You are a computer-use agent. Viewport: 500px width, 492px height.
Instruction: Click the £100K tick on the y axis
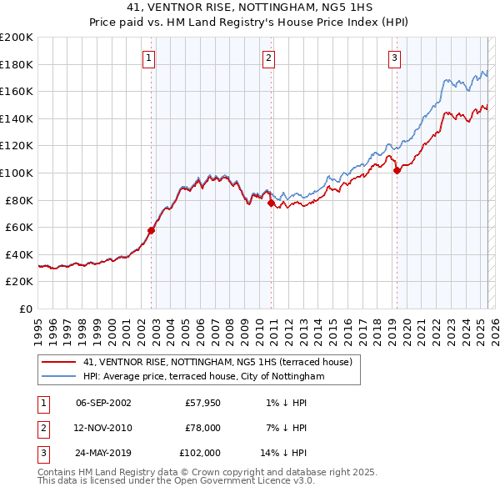[x=16, y=173]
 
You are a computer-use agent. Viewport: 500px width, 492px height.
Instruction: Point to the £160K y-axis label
[x=16, y=91]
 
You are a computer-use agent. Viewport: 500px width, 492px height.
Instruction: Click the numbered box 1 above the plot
[x=148, y=58]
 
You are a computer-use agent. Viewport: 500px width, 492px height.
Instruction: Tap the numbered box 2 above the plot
[x=269, y=58]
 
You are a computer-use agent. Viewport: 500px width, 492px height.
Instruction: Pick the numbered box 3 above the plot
[x=393, y=58]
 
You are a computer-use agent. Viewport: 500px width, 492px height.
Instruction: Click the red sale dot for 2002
[x=152, y=230]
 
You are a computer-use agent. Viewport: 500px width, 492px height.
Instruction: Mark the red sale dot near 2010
[x=272, y=203]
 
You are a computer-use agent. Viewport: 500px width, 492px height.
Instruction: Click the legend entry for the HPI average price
[x=203, y=377]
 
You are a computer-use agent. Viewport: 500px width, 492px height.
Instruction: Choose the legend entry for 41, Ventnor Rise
[x=217, y=362]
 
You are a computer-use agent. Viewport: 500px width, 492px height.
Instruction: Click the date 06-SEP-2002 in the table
[x=103, y=403]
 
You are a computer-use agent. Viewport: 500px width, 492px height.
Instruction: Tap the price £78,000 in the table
[x=201, y=428]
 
